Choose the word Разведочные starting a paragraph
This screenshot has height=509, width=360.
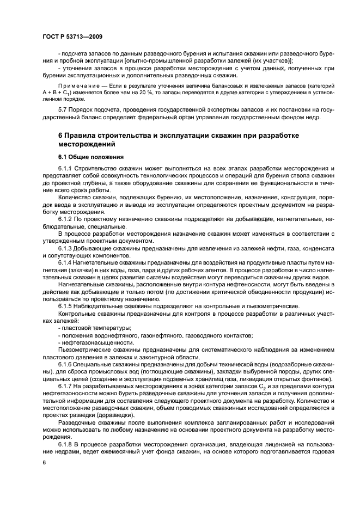point(76,421)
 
